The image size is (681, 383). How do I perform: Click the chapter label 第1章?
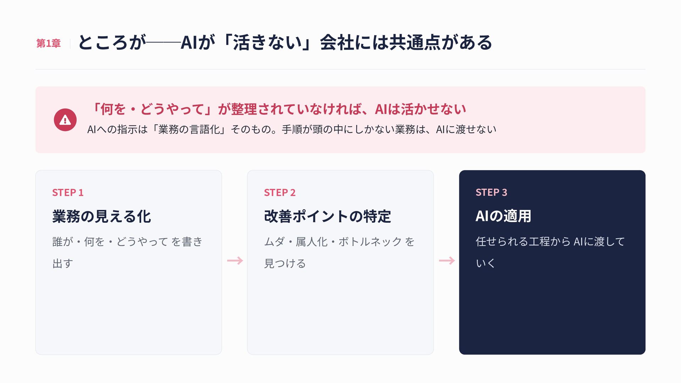(49, 43)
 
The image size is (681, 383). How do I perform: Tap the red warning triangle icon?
(65, 120)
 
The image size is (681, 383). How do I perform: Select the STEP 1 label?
(68, 193)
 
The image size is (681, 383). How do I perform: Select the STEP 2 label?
(279, 193)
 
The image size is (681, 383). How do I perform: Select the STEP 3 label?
(491, 192)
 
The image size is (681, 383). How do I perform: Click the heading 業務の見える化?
(102, 216)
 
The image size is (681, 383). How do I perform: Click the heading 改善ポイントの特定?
(327, 216)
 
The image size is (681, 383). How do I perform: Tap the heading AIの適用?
(503, 216)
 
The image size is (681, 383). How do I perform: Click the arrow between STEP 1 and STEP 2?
(235, 261)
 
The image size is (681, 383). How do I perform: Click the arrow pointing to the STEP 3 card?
(447, 261)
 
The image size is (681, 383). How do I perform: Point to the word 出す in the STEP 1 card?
(63, 263)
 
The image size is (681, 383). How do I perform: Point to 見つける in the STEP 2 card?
(285, 263)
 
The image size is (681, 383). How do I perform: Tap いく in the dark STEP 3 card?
(485, 263)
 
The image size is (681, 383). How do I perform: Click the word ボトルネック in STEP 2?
(370, 242)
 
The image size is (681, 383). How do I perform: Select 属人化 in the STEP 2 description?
(311, 242)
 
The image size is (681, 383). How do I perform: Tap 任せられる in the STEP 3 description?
(502, 242)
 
